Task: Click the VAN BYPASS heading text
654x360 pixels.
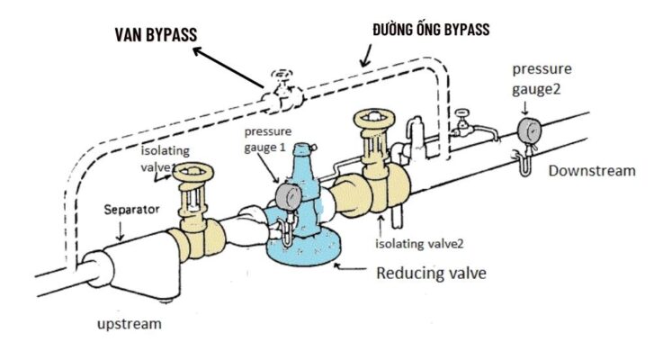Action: (x=156, y=34)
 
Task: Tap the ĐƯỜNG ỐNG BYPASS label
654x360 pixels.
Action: (x=431, y=29)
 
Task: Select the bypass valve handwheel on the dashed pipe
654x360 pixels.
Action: (x=282, y=74)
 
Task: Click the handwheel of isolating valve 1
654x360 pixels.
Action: (x=193, y=171)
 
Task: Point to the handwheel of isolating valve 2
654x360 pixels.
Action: (x=374, y=118)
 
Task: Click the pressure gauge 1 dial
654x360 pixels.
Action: (x=288, y=196)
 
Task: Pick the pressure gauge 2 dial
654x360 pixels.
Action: (x=529, y=130)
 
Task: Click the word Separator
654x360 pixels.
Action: (x=131, y=209)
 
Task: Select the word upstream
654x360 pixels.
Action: (x=130, y=324)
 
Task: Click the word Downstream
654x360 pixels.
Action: (x=592, y=171)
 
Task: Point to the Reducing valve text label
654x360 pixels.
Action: (x=431, y=274)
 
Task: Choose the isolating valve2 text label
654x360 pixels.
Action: (x=419, y=243)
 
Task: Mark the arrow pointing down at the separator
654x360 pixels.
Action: (x=121, y=231)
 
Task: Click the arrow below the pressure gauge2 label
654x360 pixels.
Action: (x=525, y=108)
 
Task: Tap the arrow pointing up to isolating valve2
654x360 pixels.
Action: (x=381, y=226)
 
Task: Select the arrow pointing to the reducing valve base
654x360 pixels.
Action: (x=350, y=266)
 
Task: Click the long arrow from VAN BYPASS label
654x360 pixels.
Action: (x=228, y=67)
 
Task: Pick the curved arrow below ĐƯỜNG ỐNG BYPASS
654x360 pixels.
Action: (x=366, y=56)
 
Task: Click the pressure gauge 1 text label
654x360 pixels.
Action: (x=267, y=139)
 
